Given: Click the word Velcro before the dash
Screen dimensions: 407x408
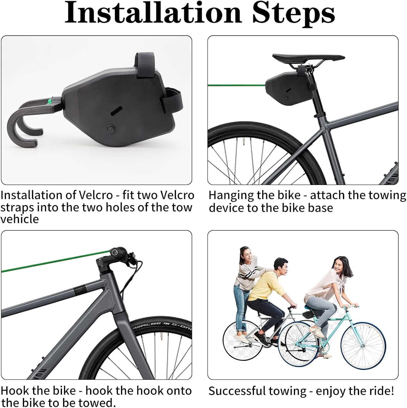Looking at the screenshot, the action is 96,195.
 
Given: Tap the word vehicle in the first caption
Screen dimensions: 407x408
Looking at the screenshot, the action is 19,219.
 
